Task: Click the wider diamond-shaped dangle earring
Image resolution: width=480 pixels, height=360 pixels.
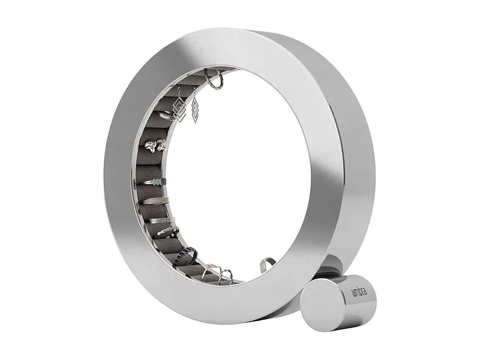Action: coord(178,108)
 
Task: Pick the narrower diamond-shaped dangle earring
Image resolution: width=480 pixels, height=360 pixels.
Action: coord(194,111)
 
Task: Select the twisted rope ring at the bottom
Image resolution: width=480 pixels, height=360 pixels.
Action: coord(226,277)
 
